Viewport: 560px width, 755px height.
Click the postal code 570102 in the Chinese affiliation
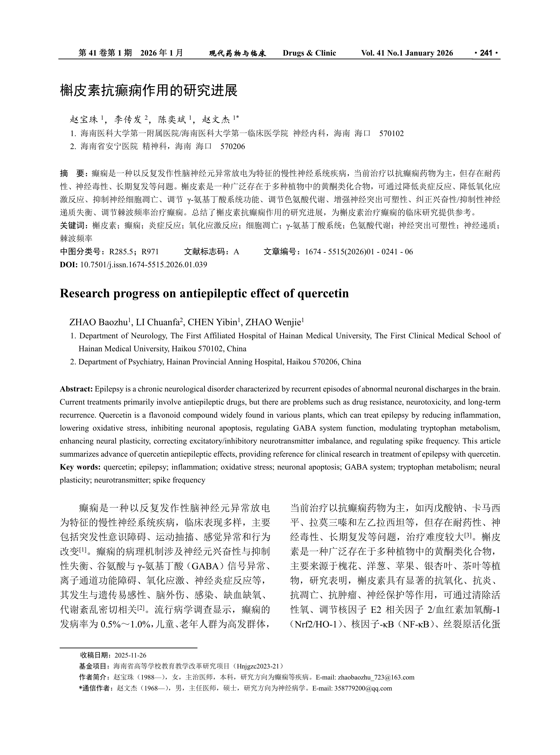392,134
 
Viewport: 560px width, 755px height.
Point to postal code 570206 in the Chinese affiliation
233,146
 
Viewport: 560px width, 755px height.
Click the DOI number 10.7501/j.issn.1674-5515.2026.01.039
143,265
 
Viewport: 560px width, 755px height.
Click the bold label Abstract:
76,389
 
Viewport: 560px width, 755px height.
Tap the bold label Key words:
80,467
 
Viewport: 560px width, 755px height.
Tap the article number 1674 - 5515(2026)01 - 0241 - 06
359,252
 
